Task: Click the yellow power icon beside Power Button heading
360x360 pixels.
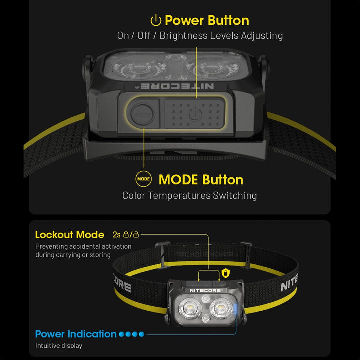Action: [156, 20]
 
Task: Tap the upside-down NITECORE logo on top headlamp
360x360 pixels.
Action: [178, 86]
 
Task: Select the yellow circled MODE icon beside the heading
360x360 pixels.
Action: [143, 179]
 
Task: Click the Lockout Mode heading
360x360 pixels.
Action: [70, 234]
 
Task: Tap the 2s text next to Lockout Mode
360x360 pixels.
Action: [117, 234]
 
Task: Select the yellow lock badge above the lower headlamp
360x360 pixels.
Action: [226, 273]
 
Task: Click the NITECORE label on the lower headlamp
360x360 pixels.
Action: [206, 290]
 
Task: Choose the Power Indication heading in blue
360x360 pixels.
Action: [76, 334]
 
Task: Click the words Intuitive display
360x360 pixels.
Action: [59, 345]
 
